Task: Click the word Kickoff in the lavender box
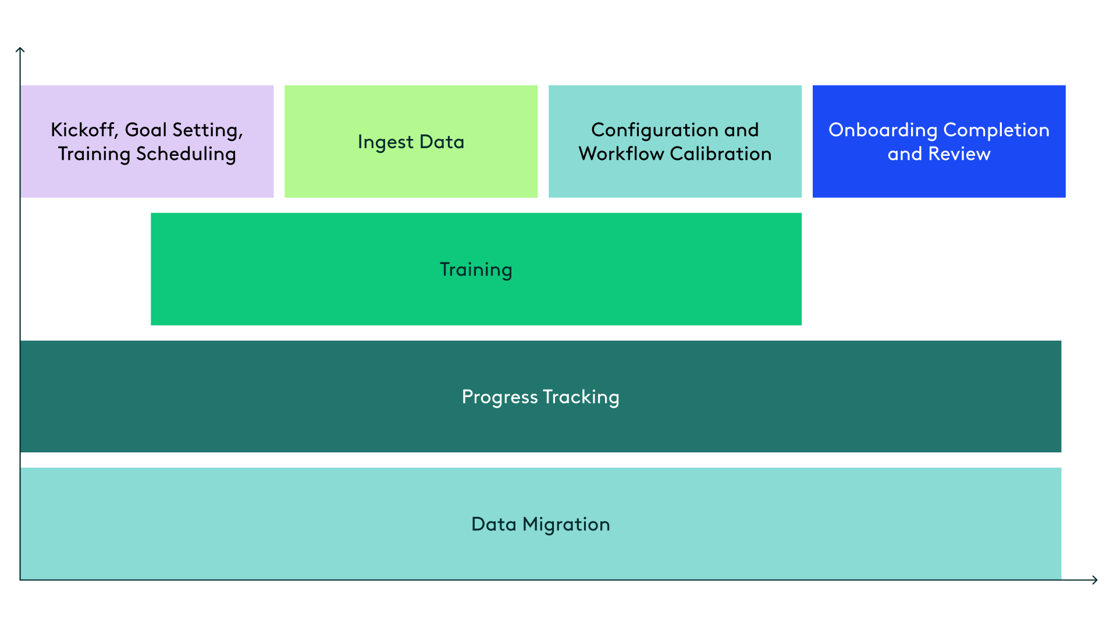[83, 130]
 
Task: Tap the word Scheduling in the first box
[186, 154]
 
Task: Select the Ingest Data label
[411, 142]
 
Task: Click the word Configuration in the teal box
[654, 130]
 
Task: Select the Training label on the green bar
[476, 270]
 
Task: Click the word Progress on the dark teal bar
[499, 397]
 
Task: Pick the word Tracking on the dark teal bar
[581, 397]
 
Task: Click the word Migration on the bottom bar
[566, 524]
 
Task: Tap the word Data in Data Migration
[493, 524]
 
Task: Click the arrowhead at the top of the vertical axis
[20, 51]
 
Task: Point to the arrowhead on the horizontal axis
[1095, 580]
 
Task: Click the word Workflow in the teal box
[621, 154]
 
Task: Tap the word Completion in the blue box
[996, 130]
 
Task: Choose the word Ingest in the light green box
[385, 142]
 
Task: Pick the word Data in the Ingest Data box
[442, 142]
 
